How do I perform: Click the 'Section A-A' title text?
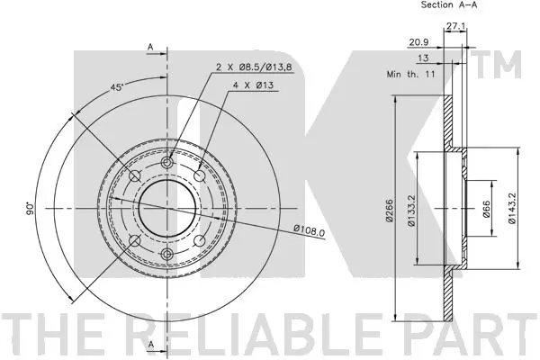(x=449, y=4)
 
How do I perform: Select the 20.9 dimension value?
(x=418, y=42)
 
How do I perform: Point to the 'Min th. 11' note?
(x=410, y=74)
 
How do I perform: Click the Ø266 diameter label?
(x=390, y=210)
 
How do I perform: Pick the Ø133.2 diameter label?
(x=412, y=210)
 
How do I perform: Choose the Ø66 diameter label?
(x=486, y=208)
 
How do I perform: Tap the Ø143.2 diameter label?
(x=512, y=208)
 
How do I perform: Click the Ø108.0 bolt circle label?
(x=309, y=230)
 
